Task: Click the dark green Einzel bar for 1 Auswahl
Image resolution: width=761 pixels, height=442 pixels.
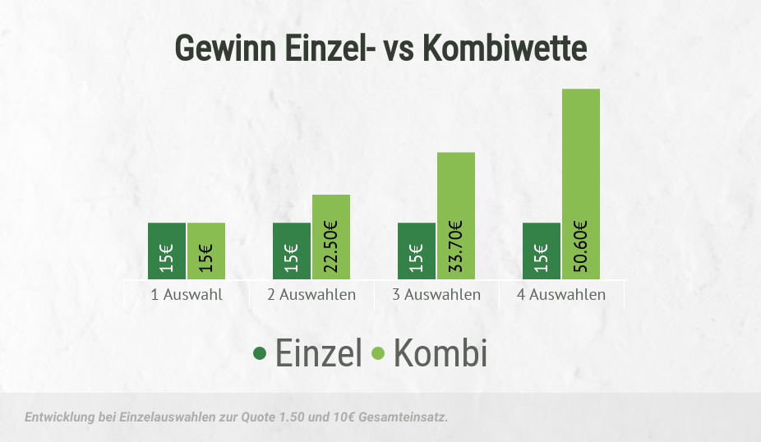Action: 167,251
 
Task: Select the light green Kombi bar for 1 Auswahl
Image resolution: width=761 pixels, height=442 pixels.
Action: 206,251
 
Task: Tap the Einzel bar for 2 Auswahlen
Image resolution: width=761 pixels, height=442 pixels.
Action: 292,251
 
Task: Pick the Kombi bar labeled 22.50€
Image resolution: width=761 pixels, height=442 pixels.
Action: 331,237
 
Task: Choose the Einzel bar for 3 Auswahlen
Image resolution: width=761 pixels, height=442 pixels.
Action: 417,251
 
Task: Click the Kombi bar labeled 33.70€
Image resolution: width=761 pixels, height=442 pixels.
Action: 456,215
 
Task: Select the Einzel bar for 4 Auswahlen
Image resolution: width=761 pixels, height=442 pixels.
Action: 542,251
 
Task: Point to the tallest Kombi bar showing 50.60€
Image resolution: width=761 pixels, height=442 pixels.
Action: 581,183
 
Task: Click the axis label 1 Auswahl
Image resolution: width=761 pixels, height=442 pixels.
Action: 187,294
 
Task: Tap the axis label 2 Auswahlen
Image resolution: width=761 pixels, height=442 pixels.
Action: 311,294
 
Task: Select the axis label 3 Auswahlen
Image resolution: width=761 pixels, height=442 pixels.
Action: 436,294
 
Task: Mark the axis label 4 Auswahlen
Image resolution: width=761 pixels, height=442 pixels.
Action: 561,294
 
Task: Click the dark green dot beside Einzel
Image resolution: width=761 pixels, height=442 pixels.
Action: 261,353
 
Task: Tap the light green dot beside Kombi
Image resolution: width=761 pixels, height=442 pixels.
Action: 379,353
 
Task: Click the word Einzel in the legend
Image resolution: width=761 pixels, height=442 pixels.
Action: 318,353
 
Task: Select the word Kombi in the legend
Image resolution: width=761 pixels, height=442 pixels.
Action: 440,353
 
